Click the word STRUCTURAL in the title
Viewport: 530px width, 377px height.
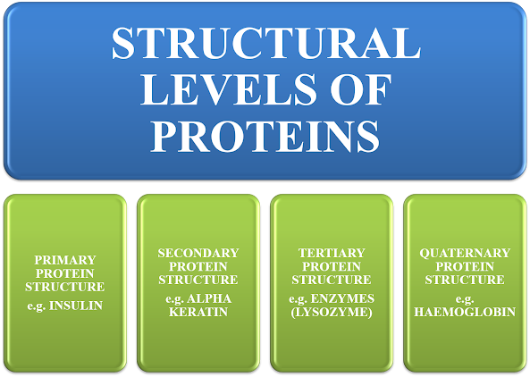pyautogui.click(x=266, y=43)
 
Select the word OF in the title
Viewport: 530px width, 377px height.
pyautogui.click(x=361, y=89)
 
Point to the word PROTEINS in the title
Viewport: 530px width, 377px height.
pyautogui.click(x=265, y=136)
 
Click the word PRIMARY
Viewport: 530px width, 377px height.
pyautogui.click(x=65, y=260)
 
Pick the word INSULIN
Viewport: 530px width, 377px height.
pyautogui.click(x=76, y=306)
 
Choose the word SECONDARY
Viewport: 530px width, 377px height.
pyautogui.click(x=198, y=253)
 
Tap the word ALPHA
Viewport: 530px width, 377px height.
pyautogui.click(x=209, y=298)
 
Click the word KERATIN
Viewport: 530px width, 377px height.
pyautogui.click(x=198, y=312)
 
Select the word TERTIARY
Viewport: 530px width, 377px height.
pyautogui.click(x=332, y=253)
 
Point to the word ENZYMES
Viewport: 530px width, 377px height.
pyautogui.click(x=342, y=298)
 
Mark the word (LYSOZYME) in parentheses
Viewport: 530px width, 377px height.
pyautogui.click(x=332, y=312)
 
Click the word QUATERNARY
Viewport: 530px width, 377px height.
pyautogui.click(x=465, y=253)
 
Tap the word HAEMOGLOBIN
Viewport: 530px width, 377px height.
pyautogui.click(x=465, y=312)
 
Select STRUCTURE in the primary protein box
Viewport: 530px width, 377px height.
pyautogui.click(x=65, y=287)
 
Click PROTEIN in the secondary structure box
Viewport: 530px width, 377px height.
pyautogui.click(x=198, y=266)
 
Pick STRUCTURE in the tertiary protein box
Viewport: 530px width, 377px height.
pyautogui.click(x=332, y=280)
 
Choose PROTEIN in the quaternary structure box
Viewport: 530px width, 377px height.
pyautogui.click(x=465, y=266)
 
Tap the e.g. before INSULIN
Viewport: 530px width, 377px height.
pyautogui.click(x=37, y=306)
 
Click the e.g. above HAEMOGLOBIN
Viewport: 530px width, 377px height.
pyautogui.click(x=465, y=299)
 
